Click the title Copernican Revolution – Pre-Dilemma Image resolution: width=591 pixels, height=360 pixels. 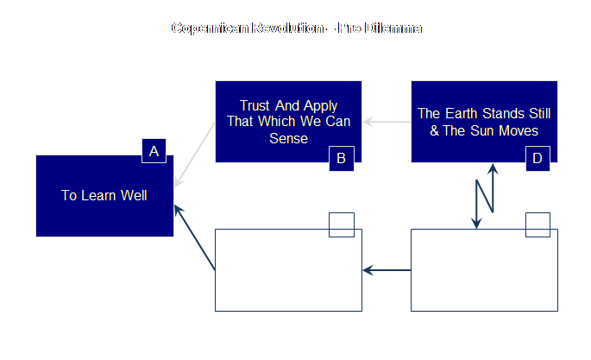(x=296, y=28)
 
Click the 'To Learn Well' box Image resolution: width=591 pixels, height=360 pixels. (x=104, y=196)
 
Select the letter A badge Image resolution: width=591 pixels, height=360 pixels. (x=154, y=152)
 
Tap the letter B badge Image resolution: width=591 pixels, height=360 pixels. (x=341, y=158)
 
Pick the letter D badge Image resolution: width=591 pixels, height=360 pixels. (x=538, y=158)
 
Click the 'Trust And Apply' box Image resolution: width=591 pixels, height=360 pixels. (x=288, y=122)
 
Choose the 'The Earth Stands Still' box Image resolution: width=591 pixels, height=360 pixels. (x=484, y=122)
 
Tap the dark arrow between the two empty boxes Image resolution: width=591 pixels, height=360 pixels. (x=387, y=270)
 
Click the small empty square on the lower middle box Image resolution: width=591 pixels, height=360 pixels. (x=342, y=224)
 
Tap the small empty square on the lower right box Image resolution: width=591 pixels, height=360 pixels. (x=538, y=224)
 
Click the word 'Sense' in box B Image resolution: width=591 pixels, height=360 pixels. (x=289, y=138)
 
